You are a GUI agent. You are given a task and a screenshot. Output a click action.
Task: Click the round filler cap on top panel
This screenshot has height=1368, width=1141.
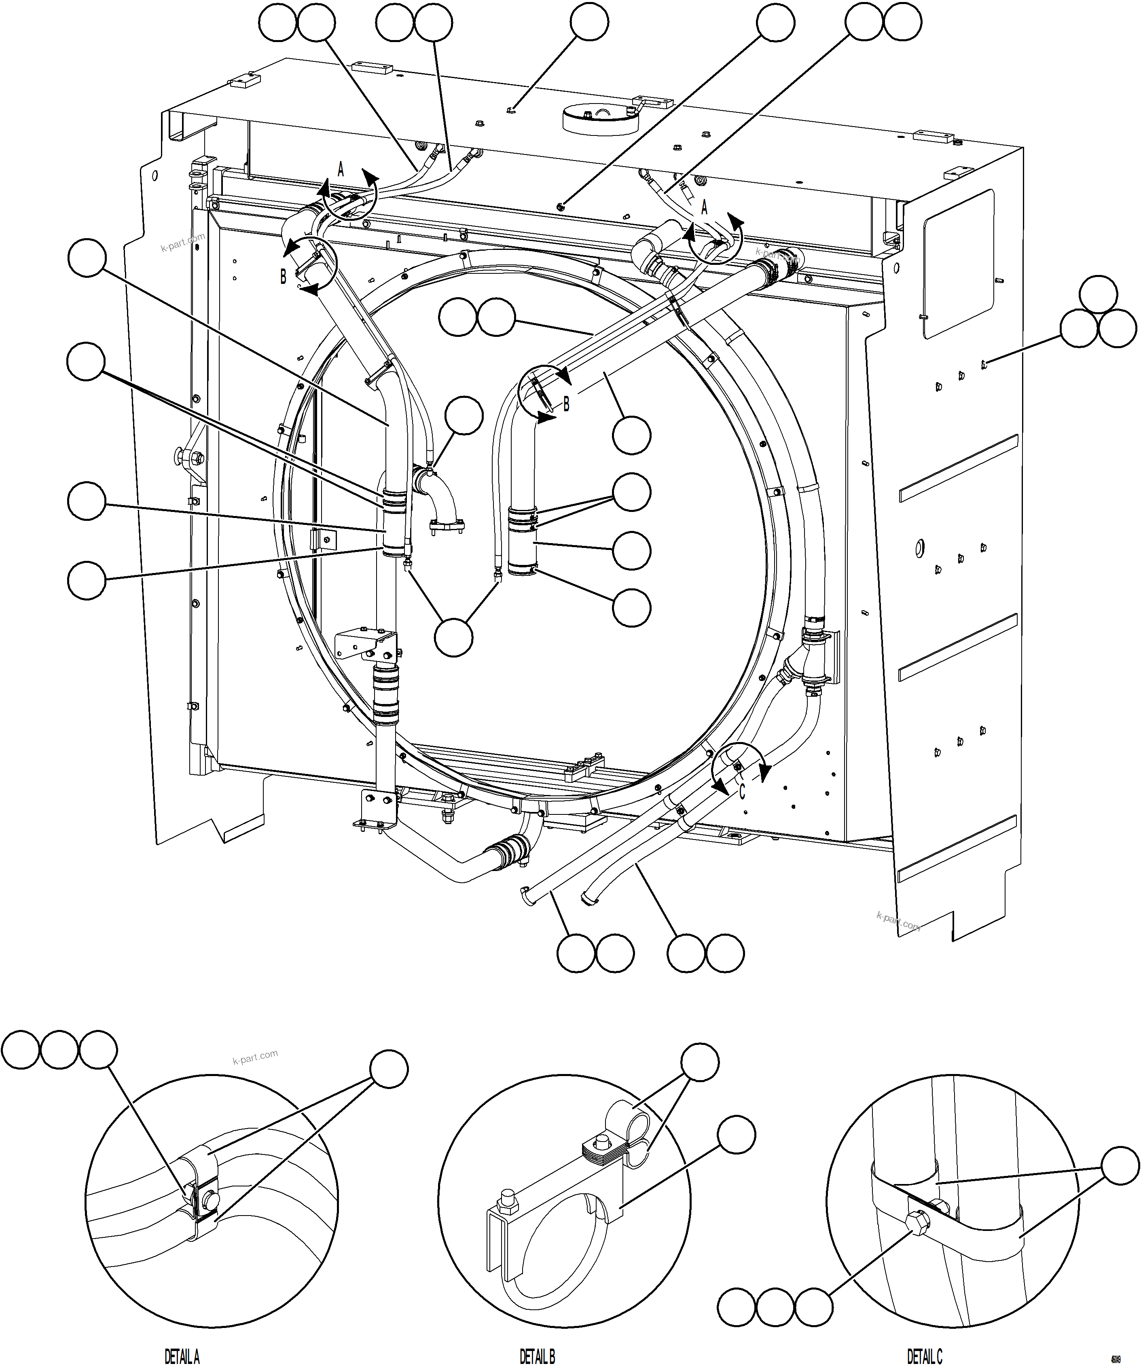click(599, 117)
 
